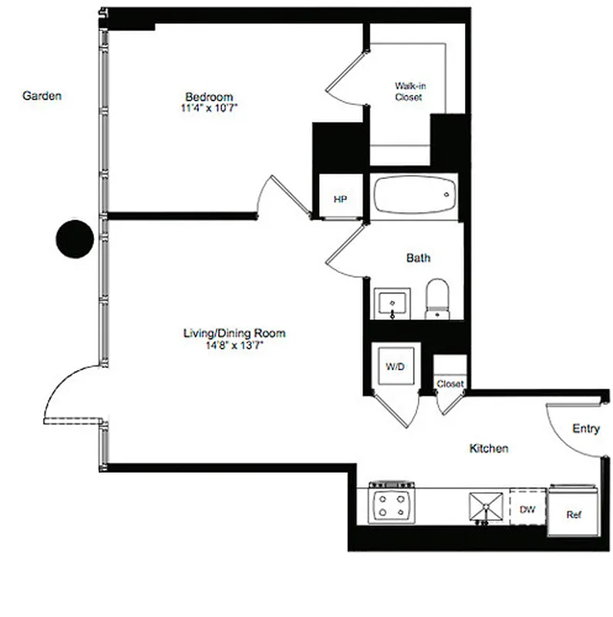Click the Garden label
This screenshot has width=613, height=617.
42,96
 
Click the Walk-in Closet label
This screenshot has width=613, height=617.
409,92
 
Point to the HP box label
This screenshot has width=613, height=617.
340,200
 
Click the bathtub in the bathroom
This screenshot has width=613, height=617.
414,197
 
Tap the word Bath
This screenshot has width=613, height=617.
418,258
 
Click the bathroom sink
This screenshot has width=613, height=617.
392,302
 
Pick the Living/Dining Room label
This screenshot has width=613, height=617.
234,333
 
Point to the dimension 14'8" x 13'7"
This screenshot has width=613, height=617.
234,345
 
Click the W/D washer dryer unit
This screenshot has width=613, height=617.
395,367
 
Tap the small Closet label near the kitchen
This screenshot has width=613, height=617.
450,383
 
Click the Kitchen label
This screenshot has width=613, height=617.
489,448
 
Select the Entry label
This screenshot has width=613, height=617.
585,429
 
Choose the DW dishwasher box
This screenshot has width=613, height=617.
527,509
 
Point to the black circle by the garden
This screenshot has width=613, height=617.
75,238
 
